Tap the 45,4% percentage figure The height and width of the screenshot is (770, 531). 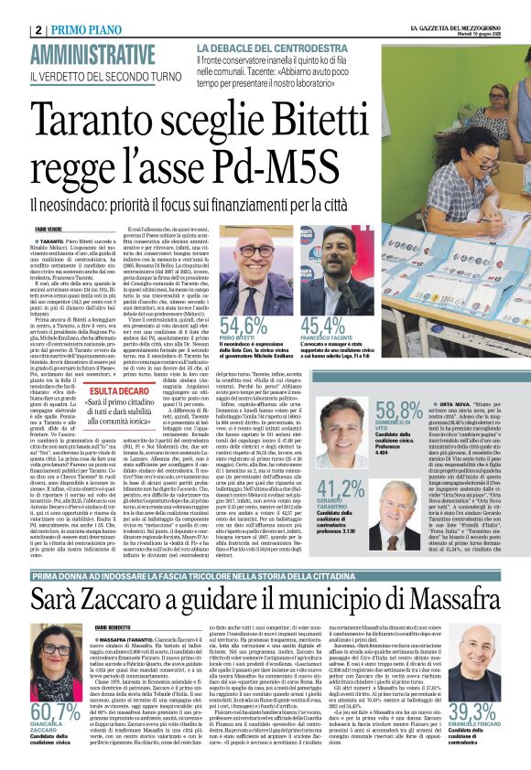[324, 326]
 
